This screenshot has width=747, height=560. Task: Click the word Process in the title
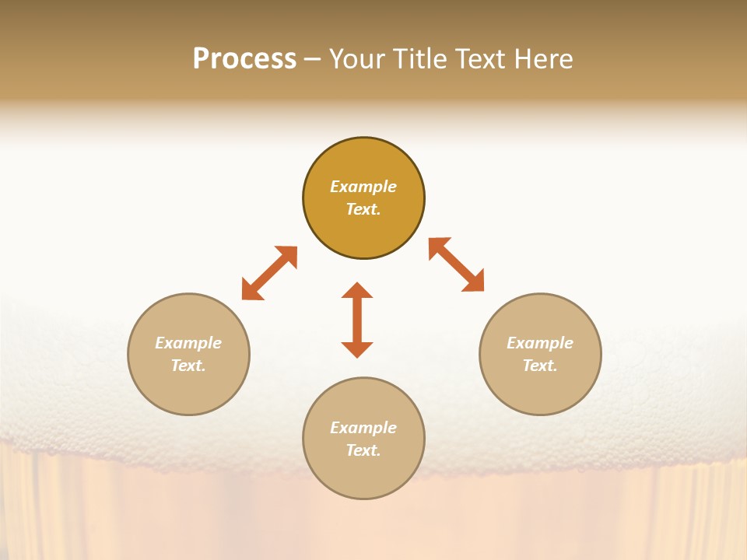(244, 59)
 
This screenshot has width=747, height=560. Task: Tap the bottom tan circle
(363, 475)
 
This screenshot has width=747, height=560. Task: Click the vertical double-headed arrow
(357, 320)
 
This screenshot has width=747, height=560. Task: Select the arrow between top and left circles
(269, 273)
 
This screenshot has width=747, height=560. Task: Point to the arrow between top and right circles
(456, 264)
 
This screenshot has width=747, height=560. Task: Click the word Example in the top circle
(363, 187)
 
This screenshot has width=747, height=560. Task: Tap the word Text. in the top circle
(363, 209)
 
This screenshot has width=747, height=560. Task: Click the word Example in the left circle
(188, 343)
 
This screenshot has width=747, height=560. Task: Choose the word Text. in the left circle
(188, 366)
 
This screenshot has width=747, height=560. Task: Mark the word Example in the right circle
(540, 343)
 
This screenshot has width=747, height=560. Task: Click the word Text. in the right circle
(540, 366)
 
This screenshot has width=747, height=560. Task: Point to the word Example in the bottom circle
(363, 428)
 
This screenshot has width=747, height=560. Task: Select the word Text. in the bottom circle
(363, 450)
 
